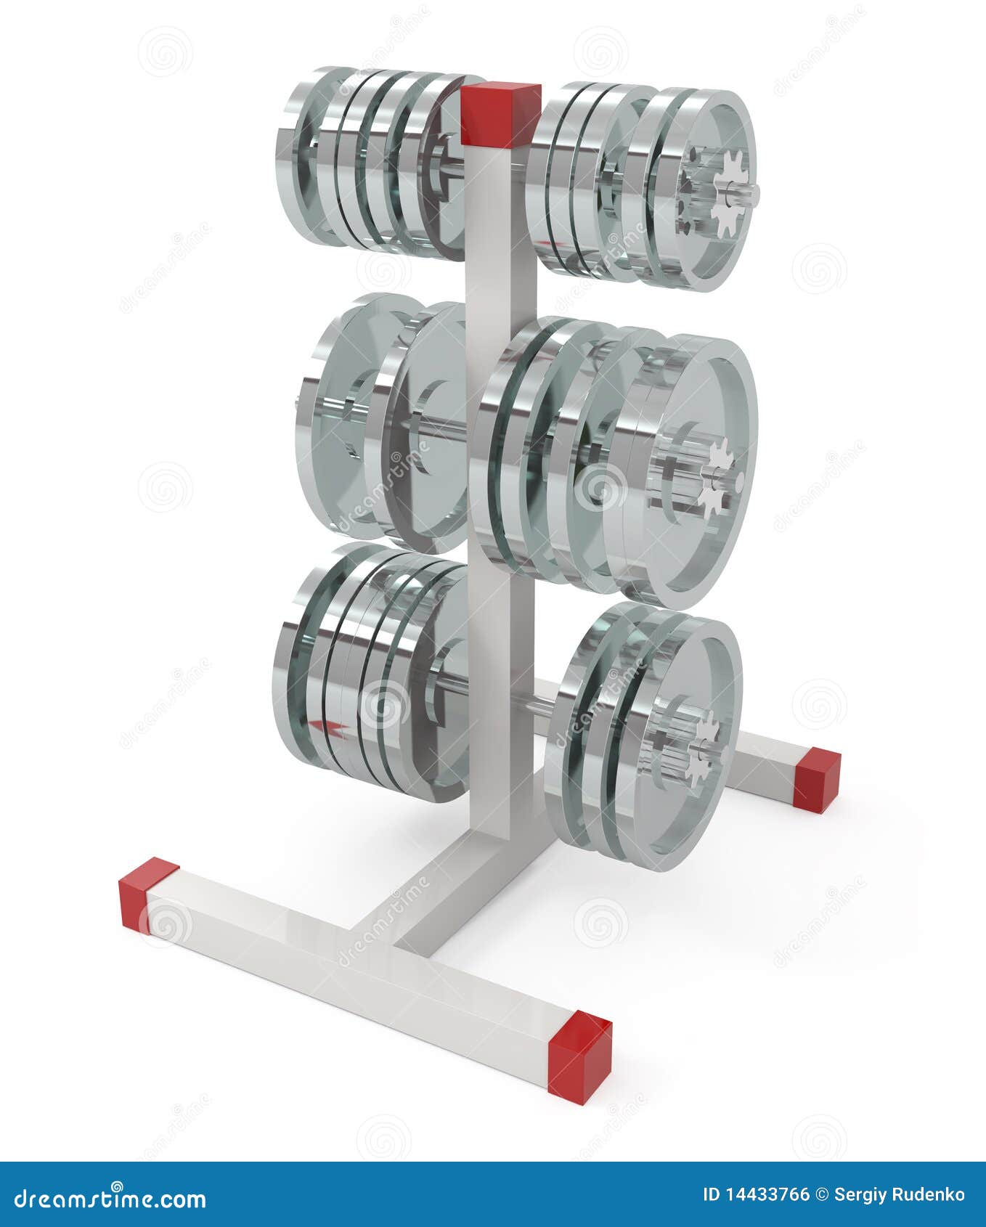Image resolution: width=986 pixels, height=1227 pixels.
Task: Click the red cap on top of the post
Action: [x=500, y=114]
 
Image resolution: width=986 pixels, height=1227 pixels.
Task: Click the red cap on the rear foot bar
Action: [x=817, y=779]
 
